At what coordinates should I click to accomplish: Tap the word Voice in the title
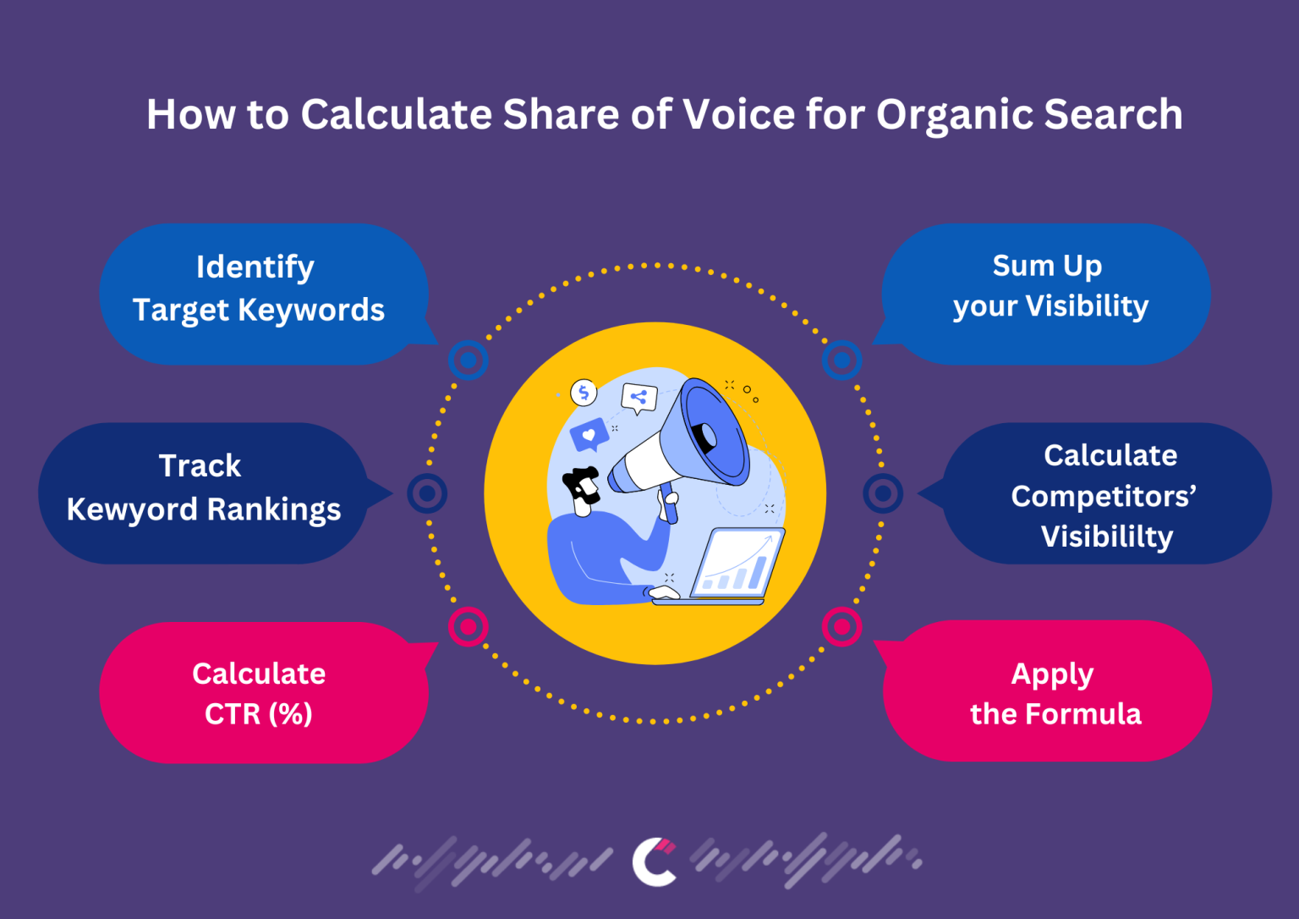pyautogui.click(x=738, y=114)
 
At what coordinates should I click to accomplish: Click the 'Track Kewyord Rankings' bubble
pyautogui.click(x=203, y=491)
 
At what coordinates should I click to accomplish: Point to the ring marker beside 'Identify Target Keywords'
pyautogui.click(x=469, y=360)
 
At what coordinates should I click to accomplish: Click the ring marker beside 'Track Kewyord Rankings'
pyautogui.click(x=427, y=493)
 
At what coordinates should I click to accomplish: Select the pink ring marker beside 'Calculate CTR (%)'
pyautogui.click(x=469, y=627)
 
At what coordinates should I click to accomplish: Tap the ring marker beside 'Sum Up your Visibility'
pyautogui.click(x=841, y=360)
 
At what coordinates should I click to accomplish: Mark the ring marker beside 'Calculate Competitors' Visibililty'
pyautogui.click(x=883, y=493)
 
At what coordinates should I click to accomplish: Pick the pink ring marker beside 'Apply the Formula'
pyautogui.click(x=841, y=627)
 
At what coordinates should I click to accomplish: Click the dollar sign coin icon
pyautogui.click(x=584, y=393)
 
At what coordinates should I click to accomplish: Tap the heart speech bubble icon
pyautogui.click(x=589, y=436)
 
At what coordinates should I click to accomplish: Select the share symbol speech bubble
pyautogui.click(x=639, y=397)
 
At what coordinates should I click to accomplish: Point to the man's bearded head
pyautogui.click(x=583, y=489)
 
